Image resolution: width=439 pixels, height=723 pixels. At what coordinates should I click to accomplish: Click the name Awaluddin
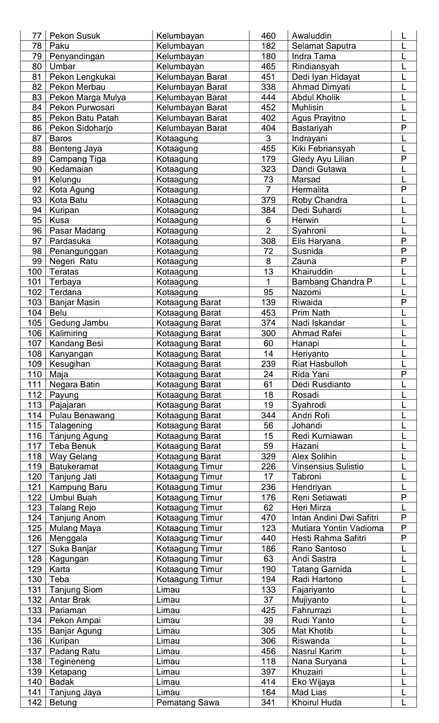pyautogui.click(x=311, y=36)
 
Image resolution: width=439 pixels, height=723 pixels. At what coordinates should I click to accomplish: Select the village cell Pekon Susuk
pyautogui.click(x=74, y=36)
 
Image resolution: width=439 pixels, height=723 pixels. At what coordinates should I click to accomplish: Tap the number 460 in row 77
pyautogui.click(x=268, y=36)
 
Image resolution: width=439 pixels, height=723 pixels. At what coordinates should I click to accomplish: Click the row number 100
pyautogui.click(x=35, y=272)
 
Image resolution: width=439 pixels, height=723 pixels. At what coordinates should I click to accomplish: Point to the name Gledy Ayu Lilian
pyautogui.click(x=323, y=159)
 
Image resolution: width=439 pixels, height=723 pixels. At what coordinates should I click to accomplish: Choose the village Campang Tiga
pyautogui.click(x=78, y=159)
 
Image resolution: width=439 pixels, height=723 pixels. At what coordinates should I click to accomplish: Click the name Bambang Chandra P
pyautogui.click(x=332, y=282)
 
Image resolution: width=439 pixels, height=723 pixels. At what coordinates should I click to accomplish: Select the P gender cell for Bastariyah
pyautogui.click(x=404, y=128)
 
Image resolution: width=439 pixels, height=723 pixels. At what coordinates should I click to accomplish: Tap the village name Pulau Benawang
pyautogui.click(x=82, y=415)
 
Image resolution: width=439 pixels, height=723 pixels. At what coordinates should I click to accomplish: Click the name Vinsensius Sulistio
pyautogui.click(x=328, y=467)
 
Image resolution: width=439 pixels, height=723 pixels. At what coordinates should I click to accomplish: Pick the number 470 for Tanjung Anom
pyautogui.click(x=268, y=518)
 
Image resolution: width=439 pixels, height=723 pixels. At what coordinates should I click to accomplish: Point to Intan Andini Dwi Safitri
pyautogui.click(x=335, y=518)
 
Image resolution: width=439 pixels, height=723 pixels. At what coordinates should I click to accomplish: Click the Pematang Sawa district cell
pyautogui.click(x=188, y=702)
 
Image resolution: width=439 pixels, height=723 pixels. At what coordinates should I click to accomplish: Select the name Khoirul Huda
pyautogui.click(x=317, y=702)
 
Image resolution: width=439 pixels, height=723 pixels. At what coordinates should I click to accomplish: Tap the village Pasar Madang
pyautogui.click(x=77, y=231)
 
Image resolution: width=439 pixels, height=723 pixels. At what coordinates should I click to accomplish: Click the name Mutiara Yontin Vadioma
pyautogui.click(x=338, y=528)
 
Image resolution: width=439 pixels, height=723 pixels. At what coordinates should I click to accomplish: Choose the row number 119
pyautogui.click(x=35, y=467)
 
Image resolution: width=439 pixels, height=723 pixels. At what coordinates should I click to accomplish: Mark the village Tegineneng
pyautogui.click(x=72, y=661)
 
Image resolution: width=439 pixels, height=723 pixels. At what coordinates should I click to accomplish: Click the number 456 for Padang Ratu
pyautogui.click(x=268, y=651)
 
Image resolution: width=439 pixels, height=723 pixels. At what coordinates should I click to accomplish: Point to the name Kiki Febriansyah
pyautogui.click(x=324, y=149)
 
